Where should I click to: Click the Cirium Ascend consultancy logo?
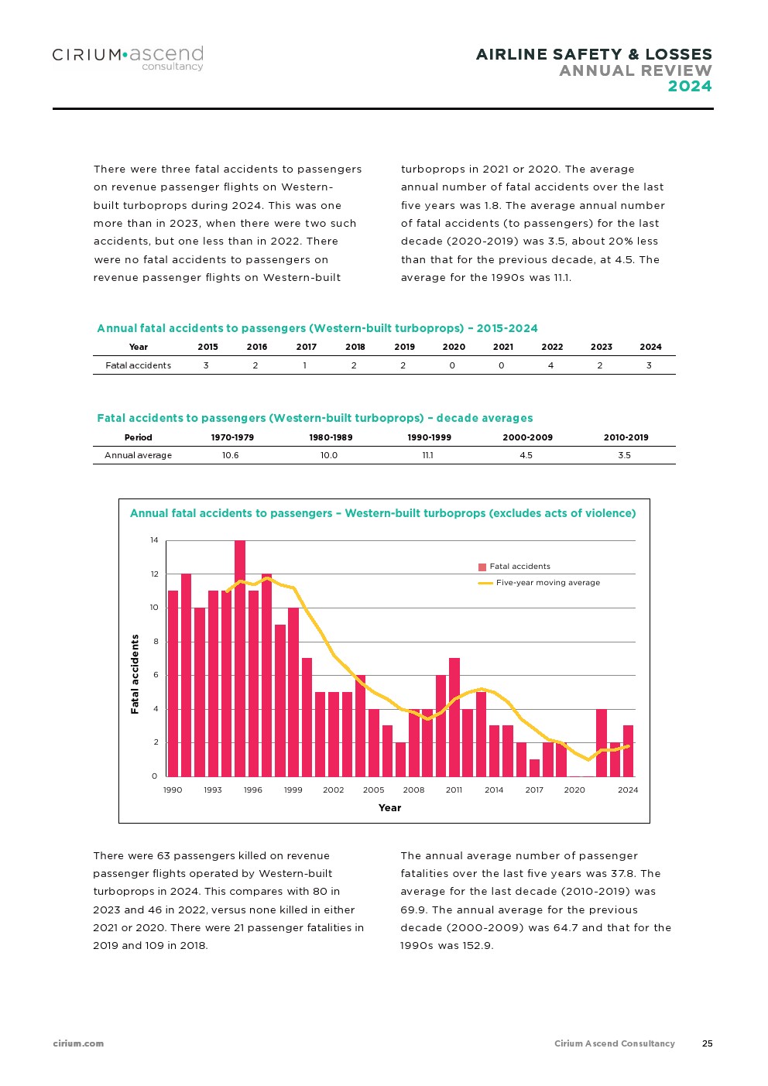point(128,57)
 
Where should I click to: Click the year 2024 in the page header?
point(690,86)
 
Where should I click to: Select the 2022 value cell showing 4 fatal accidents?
point(550,365)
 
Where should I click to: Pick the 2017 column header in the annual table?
point(306,347)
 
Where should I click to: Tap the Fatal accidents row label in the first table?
point(138,365)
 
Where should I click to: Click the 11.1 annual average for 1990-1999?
point(428,455)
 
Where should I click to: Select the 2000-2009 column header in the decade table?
point(527,437)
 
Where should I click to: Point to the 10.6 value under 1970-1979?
point(231,455)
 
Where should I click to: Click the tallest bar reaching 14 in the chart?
point(240,658)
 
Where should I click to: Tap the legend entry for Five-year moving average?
point(547,583)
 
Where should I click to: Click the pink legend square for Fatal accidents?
point(482,567)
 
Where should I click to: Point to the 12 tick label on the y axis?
point(154,574)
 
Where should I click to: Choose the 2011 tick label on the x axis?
point(454,790)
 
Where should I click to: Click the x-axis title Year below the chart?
point(389,808)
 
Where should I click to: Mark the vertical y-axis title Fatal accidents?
point(135,673)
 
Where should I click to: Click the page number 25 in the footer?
point(707,1043)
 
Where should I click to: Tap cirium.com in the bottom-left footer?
point(78,1043)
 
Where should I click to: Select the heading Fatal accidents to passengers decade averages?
point(314,418)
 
